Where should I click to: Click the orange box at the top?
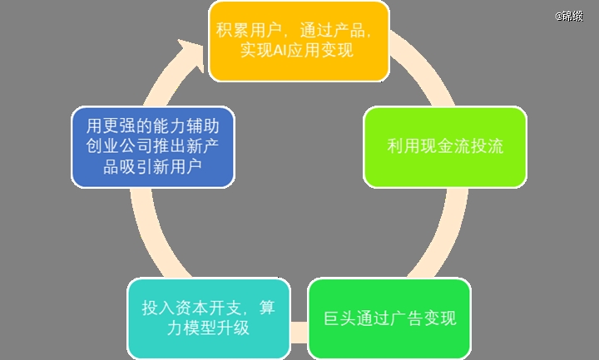(x=299, y=42)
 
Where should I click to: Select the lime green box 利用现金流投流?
(x=445, y=147)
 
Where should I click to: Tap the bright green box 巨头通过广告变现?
(x=389, y=318)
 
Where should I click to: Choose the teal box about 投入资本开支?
(x=209, y=318)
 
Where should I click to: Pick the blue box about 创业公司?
(x=153, y=147)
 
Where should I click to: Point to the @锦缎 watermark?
(x=569, y=16)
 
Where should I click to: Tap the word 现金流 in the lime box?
(x=445, y=146)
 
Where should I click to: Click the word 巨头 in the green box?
(x=340, y=318)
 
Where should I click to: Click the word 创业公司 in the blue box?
(x=119, y=146)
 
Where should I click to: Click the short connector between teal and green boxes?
(x=299, y=332)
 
